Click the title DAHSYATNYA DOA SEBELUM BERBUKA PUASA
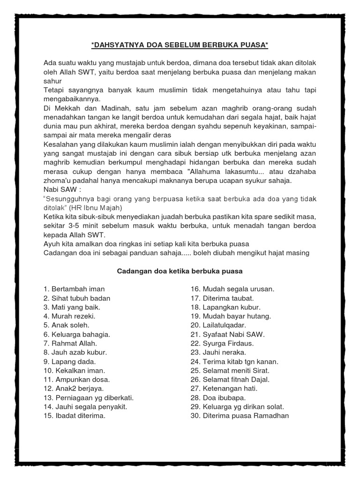(180, 45)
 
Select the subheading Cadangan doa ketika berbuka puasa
(179, 271)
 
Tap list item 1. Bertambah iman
(74, 289)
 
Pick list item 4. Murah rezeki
(69, 316)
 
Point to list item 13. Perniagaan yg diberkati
(85, 397)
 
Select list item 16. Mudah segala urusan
(232, 289)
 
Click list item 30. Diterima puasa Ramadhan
(240, 416)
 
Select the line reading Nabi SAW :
(61, 190)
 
